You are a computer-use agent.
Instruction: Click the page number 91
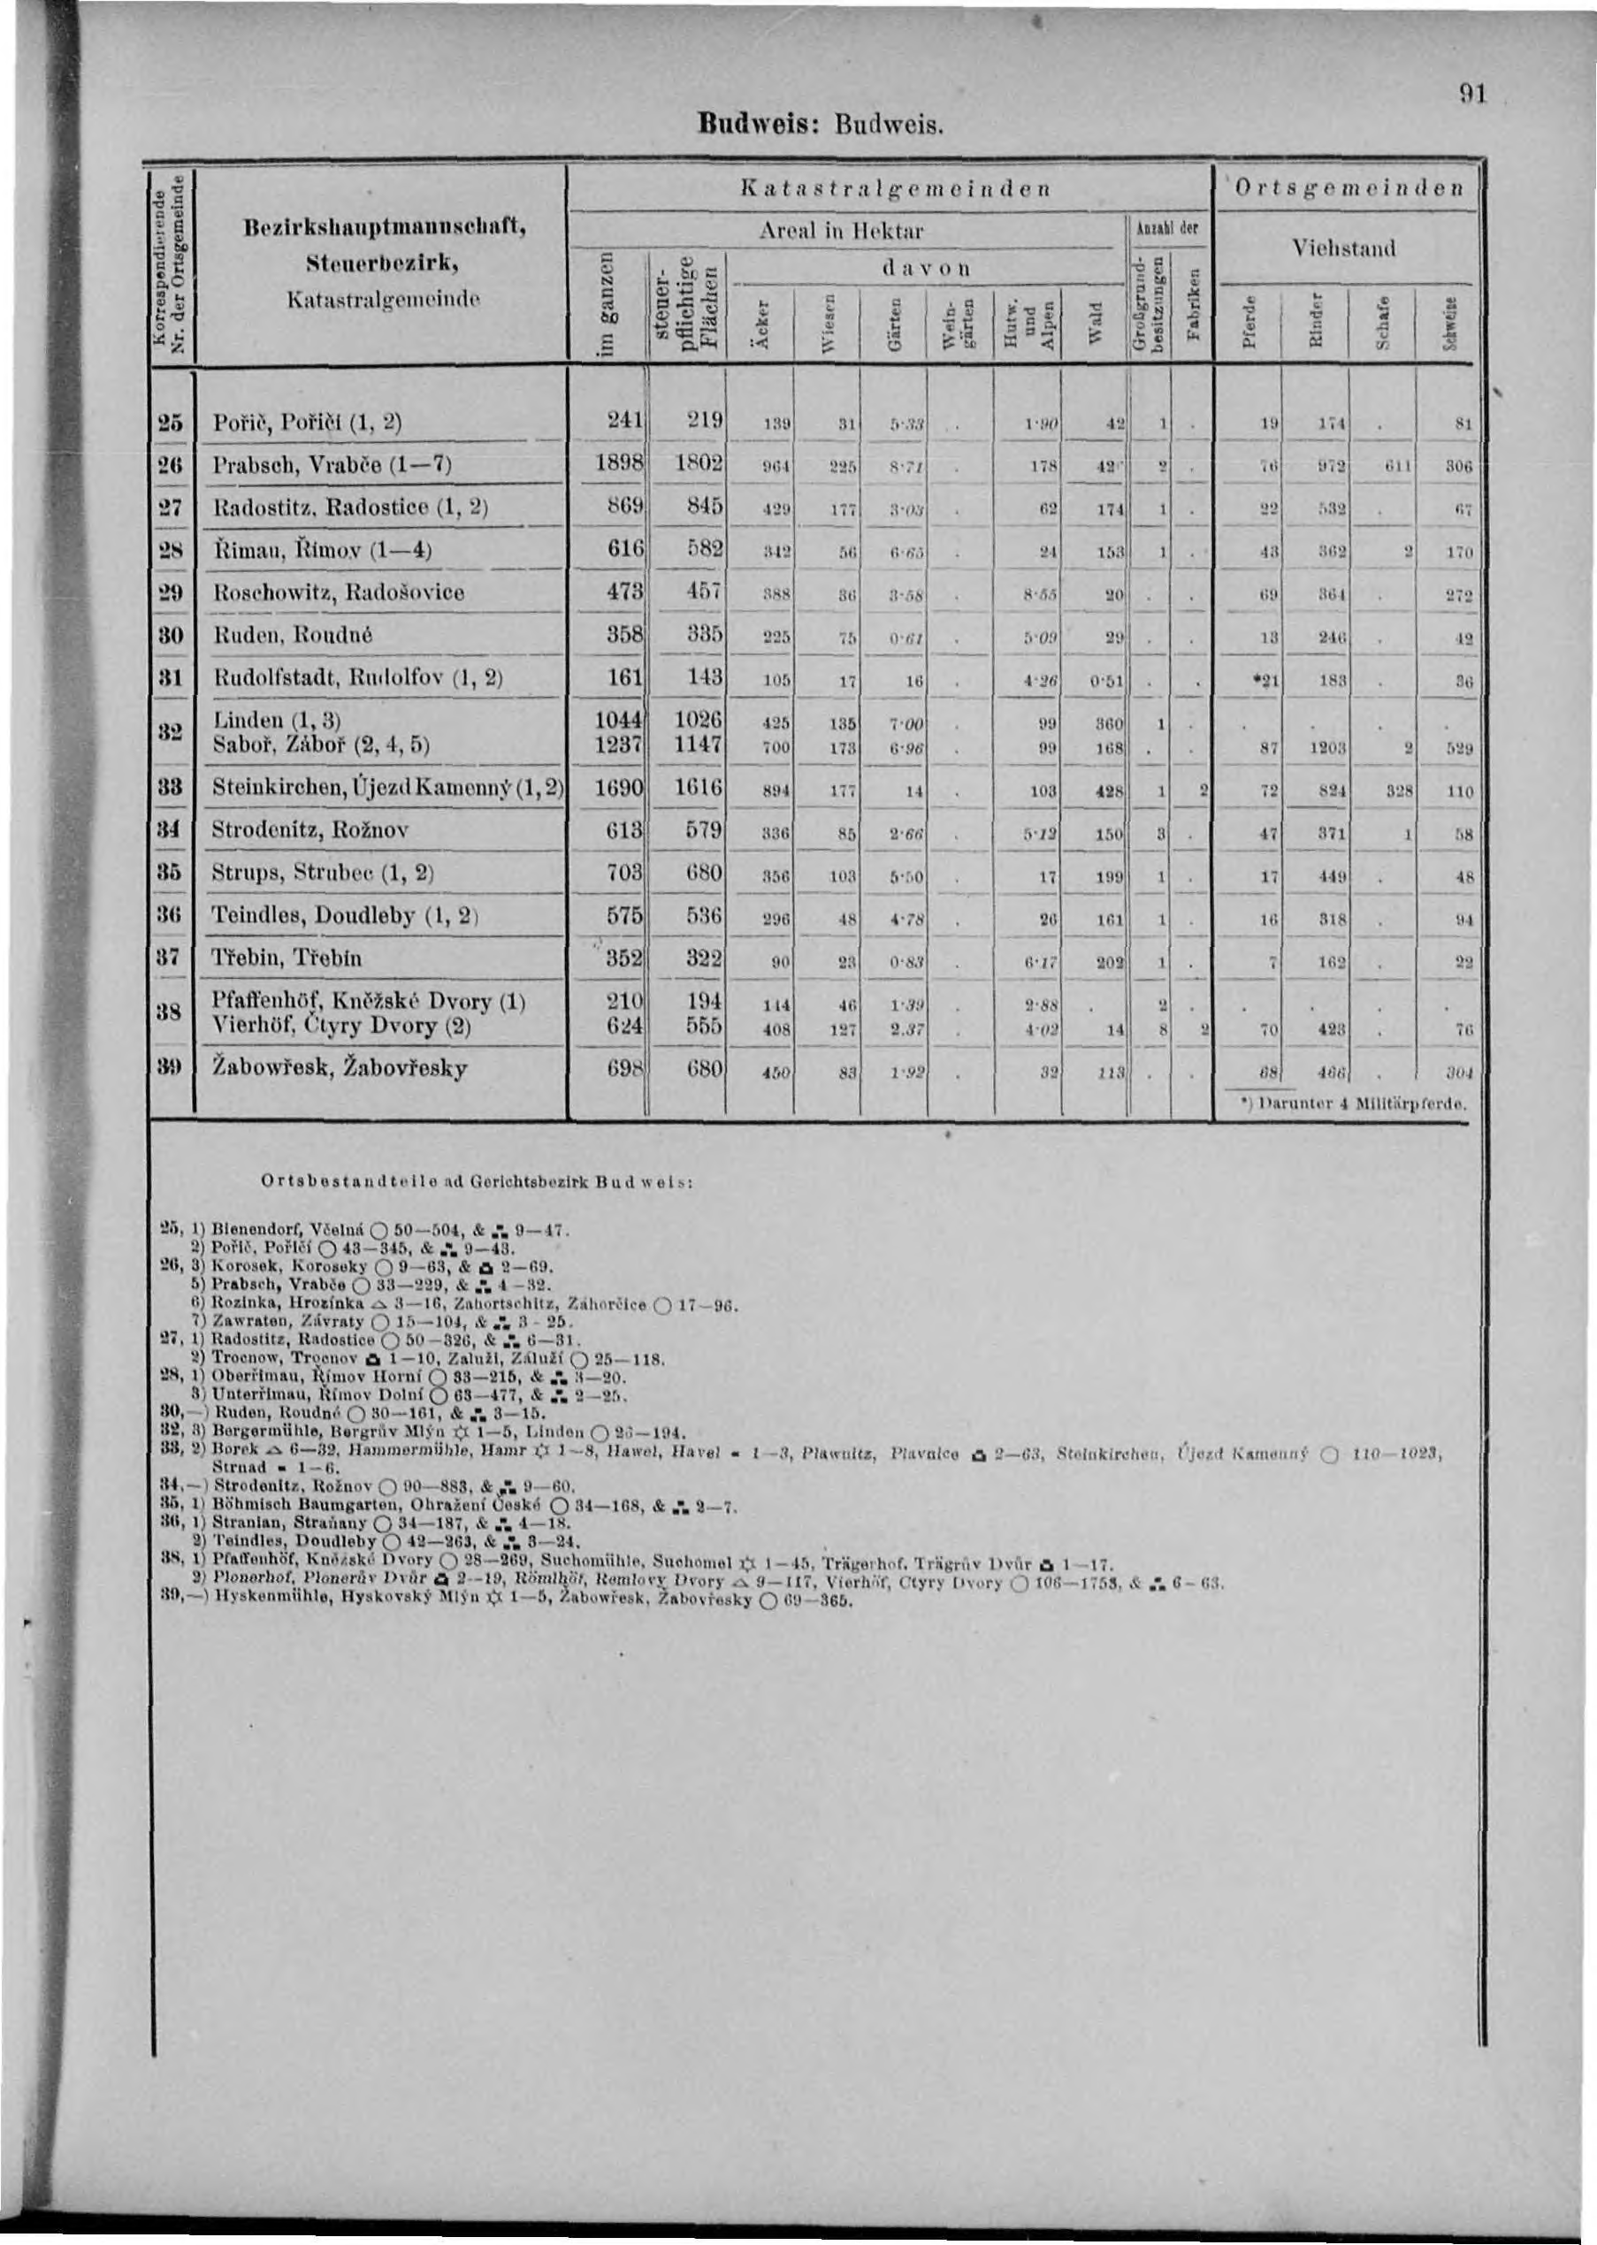tap(1471, 95)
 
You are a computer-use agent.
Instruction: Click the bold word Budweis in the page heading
tap(761, 125)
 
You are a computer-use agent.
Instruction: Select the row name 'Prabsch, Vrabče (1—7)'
tap(332, 466)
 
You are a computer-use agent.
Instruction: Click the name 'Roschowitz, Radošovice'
tap(339, 592)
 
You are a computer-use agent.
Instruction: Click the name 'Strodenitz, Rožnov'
tap(310, 830)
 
